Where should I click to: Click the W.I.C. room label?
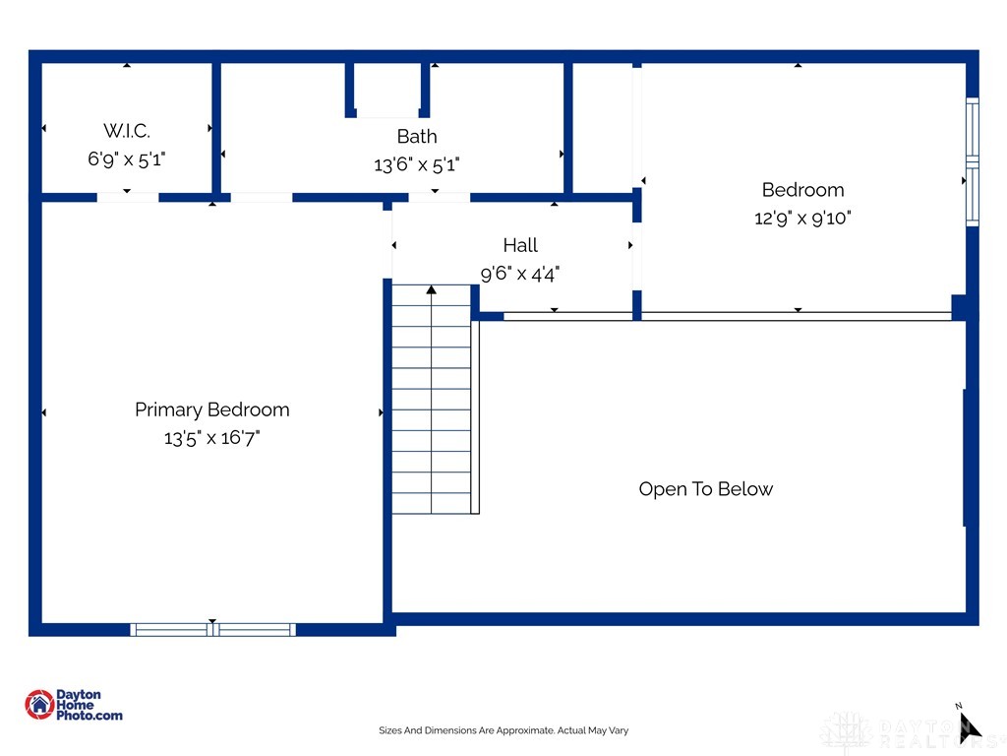click(x=127, y=130)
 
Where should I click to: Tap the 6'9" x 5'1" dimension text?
click(x=127, y=158)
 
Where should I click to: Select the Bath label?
click(x=417, y=136)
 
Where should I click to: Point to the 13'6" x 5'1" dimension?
click(x=417, y=165)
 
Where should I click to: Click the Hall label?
click(x=520, y=245)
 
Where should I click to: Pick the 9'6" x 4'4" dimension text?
click(x=520, y=274)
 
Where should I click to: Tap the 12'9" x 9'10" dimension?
click(x=802, y=219)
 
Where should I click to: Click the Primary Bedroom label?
click(x=212, y=409)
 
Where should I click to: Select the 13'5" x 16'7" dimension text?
click(x=212, y=438)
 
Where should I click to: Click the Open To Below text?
click(x=706, y=489)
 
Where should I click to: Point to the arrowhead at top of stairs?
click(x=431, y=289)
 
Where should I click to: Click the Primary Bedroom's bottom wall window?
click(x=212, y=629)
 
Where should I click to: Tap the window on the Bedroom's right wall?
click(x=972, y=162)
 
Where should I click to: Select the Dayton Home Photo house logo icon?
click(x=39, y=704)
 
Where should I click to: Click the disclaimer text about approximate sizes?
click(x=503, y=730)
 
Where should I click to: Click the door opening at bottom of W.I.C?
click(x=128, y=197)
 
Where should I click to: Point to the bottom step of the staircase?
click(x=431, y=503)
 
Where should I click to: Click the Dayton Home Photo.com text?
click(x=89, y=705)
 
